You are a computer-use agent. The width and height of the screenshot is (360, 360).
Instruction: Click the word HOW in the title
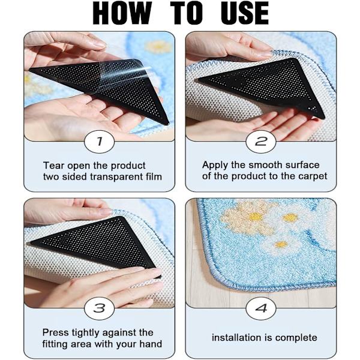point(122,13)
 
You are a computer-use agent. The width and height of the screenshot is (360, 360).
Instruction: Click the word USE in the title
point(245,13)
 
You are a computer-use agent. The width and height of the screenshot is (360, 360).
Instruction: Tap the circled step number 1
point(99,141)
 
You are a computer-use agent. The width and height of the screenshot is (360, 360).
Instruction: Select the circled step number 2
point(261,141)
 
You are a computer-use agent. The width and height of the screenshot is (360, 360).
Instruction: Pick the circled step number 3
point(99,308)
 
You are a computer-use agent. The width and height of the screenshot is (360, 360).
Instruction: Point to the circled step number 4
point(261,308)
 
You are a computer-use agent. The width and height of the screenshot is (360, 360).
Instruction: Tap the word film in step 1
point(154,176)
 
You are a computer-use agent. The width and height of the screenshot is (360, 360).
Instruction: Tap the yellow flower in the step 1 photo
point(159,47)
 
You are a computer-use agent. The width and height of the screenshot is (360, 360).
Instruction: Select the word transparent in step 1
point(116,177)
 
